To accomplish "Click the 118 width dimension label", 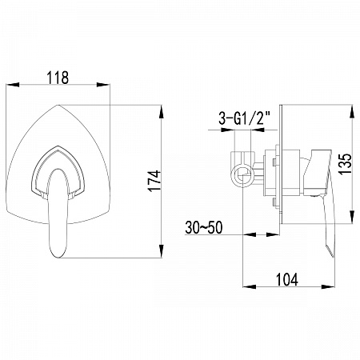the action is coord(58,78).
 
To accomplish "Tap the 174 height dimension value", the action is coord(154,181).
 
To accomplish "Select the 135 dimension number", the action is coord(346,164).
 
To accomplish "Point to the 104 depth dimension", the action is coord(286,279).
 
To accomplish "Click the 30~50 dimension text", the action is coord(204,227).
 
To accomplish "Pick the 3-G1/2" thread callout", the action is coord(245,118).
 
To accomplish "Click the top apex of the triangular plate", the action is coord(58,105).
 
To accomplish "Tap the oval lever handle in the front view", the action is coord(58,213).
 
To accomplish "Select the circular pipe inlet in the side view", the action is coord(242,176).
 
